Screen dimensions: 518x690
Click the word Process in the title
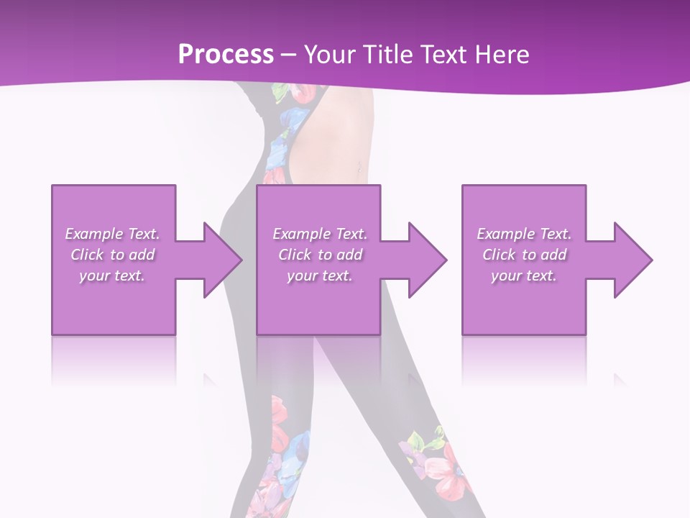click(x=226, y=55)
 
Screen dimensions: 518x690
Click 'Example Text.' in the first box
click(x=112, y=234)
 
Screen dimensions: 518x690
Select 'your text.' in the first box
click(x=112, y=276)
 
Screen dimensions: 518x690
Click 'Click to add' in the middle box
click(x=320, y=255)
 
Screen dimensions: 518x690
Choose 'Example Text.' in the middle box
click(x=320, y=234)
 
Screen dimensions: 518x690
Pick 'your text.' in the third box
click(x=524, y=276)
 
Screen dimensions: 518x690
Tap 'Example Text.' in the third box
click(x=524, y=234)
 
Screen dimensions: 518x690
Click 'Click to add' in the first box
click(x=112, y=255)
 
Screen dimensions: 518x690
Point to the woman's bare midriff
click(x=338, y=144)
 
